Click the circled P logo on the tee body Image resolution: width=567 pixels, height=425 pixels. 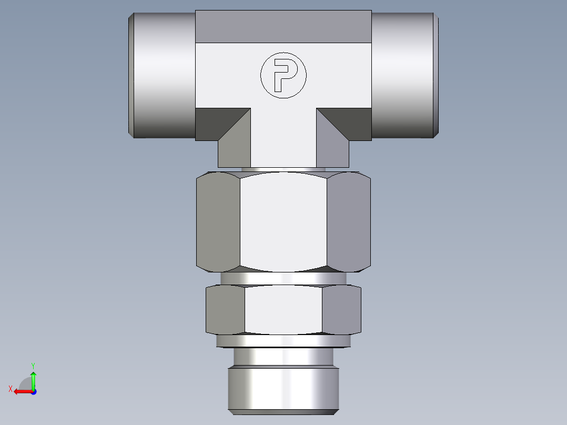283,75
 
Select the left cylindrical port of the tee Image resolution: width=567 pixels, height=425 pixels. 163,75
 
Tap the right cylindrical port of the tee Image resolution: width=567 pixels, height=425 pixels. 404,75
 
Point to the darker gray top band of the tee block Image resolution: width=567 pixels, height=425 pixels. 283,26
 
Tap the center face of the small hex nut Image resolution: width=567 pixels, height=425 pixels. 283,310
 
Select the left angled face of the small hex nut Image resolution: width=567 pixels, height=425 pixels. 226,310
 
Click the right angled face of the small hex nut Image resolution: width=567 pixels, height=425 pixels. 341,310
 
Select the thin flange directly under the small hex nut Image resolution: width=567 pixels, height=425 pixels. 283,341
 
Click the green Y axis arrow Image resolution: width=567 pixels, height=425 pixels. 33,378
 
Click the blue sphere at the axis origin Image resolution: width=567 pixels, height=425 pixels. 33,391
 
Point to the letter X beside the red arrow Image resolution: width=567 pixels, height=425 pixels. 11,389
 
